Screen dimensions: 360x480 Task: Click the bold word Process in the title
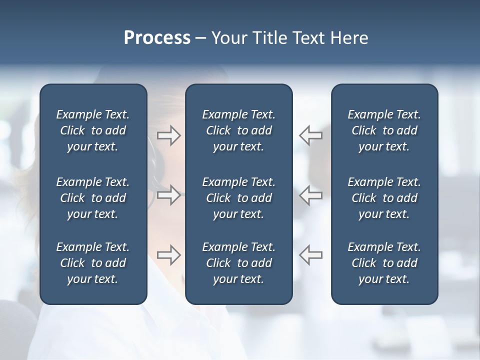coord(157,38)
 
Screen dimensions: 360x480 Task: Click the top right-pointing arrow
coord(168,135)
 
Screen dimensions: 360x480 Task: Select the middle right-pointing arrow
coord(168,194)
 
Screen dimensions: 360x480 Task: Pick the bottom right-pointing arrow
coord(168,255)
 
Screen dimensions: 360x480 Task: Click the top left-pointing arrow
coord(311,135)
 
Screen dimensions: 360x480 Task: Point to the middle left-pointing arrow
coord(311,194)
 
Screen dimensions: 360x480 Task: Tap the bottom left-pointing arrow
coord(311,255)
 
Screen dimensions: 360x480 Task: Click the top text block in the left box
coord(93,130)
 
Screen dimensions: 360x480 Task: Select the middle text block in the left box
coord(93,198)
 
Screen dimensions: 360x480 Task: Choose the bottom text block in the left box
coord(93,263)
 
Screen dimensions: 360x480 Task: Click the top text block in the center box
coord(238,130)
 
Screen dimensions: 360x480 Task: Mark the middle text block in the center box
coord(238,198)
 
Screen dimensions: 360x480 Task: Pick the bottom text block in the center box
coord(238,263)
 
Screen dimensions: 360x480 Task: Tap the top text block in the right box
coord(384,130)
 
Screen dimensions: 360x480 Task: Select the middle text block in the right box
coord(384,198)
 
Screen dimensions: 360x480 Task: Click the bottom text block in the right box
coord(384,263)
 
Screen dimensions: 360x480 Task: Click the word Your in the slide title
coord(227,38)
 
